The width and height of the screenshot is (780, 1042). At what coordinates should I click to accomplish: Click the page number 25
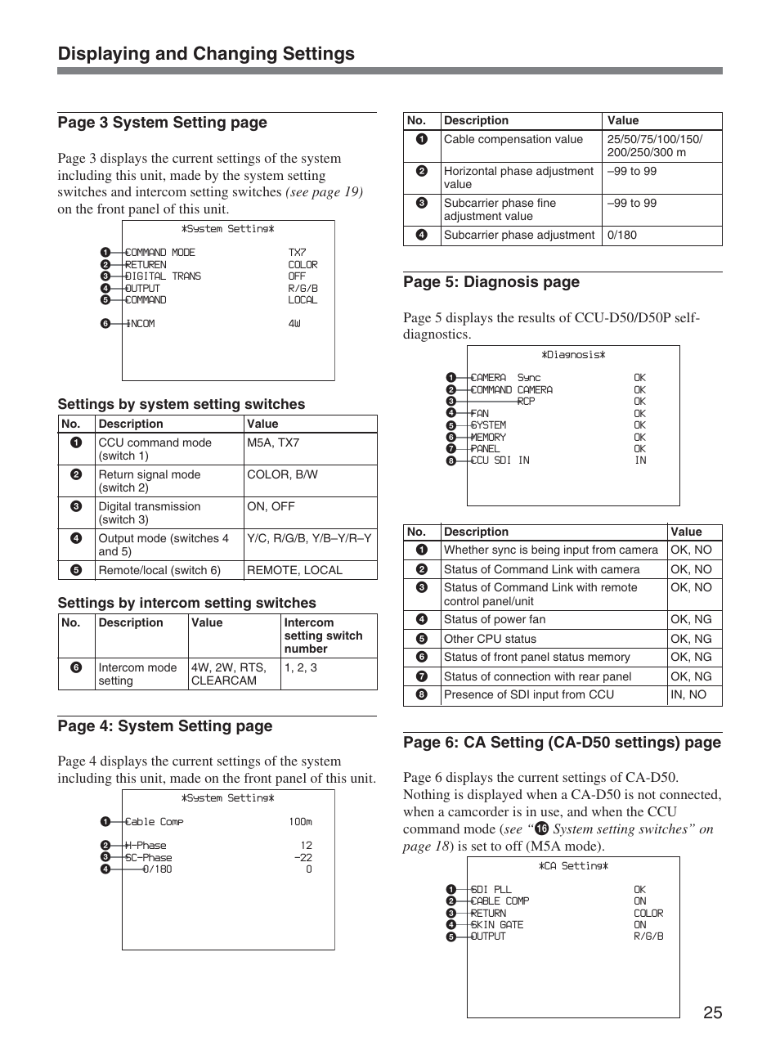(711, 1013)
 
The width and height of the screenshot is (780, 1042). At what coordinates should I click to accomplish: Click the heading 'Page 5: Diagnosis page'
(491, 282)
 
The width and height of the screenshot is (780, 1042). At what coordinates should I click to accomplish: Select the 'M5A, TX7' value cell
(274, 443)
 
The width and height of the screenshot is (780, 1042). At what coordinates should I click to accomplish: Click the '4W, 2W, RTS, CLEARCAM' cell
(228, 674)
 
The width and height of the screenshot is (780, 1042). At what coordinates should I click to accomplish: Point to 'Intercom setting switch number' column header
(323, 636)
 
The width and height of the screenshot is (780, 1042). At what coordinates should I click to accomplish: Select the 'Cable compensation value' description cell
(513, 140)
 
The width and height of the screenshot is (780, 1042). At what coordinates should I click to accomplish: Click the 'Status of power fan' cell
(495, 620)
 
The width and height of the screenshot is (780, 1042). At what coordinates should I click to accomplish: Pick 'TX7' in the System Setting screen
(297, 254)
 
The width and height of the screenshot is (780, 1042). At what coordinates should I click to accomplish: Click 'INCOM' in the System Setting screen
(141, 324)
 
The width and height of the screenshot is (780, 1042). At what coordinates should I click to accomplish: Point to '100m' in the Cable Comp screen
(300, 822)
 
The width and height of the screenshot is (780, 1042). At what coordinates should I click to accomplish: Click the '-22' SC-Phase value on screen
(303, 858)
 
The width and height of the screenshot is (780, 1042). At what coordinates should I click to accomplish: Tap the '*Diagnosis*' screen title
(572, 356)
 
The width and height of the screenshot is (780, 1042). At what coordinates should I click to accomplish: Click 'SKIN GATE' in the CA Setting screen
(497, 925)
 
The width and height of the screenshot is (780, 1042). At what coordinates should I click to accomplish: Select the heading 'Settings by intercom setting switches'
(186, 604)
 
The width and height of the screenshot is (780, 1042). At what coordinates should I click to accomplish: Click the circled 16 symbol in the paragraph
(540, 829)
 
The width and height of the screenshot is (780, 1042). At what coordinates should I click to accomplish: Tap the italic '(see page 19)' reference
(324, 192)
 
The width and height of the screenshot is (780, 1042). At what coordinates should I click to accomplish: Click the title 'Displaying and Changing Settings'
(206, 54)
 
